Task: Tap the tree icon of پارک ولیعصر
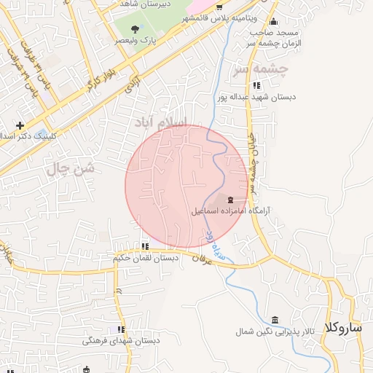click(134, 29)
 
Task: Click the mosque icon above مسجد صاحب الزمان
click(273, 21)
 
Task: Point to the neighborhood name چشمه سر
click(261, 70)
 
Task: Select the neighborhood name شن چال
click(71, 169)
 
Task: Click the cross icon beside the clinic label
click(20, 125)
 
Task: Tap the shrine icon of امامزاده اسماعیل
click(231, 200)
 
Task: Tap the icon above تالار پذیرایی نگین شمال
click(275, 321)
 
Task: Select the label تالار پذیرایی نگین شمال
click(275, 331)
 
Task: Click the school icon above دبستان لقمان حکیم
click(145, 246)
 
